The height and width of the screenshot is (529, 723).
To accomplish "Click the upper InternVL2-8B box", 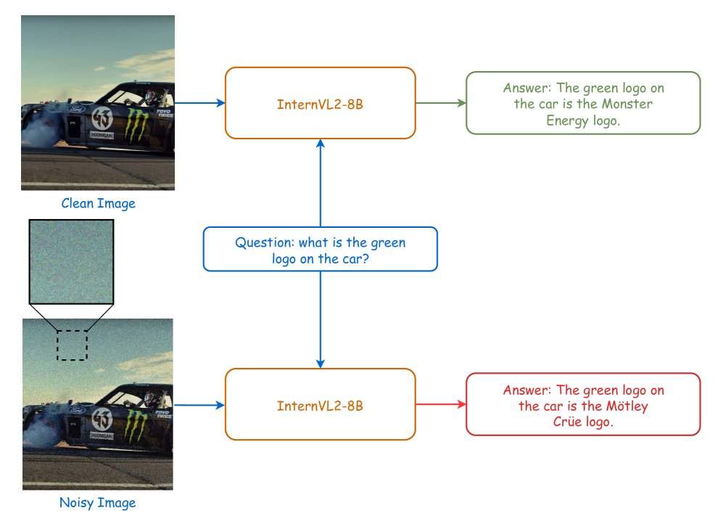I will tap(320, 103).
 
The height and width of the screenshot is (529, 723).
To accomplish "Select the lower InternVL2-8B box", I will tap(320, 404).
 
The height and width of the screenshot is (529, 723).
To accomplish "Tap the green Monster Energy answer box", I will tap(583, 103).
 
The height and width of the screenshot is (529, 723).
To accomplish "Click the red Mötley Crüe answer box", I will tap(583, 404).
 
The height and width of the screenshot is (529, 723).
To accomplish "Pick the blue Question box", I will tap(320, 250).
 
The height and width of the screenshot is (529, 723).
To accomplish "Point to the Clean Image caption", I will tap(98, 203).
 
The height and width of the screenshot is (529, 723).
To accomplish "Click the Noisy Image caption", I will tap(97, 502).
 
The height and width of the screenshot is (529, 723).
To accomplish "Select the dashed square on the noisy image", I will tap(72, 345).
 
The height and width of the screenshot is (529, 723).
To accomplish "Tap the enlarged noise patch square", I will tap(71, 261).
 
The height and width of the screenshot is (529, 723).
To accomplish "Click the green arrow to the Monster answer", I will tap(440, 103).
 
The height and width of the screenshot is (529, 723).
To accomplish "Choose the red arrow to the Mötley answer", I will tap(440, 404).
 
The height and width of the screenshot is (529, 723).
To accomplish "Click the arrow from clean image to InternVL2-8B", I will tap(199, 103).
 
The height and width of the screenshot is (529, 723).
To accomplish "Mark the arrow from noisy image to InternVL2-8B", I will tap(199, 405).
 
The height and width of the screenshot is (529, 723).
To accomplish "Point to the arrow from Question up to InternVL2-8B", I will tap(320, 182).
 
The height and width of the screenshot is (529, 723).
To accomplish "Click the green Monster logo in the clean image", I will tap(134, 124).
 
